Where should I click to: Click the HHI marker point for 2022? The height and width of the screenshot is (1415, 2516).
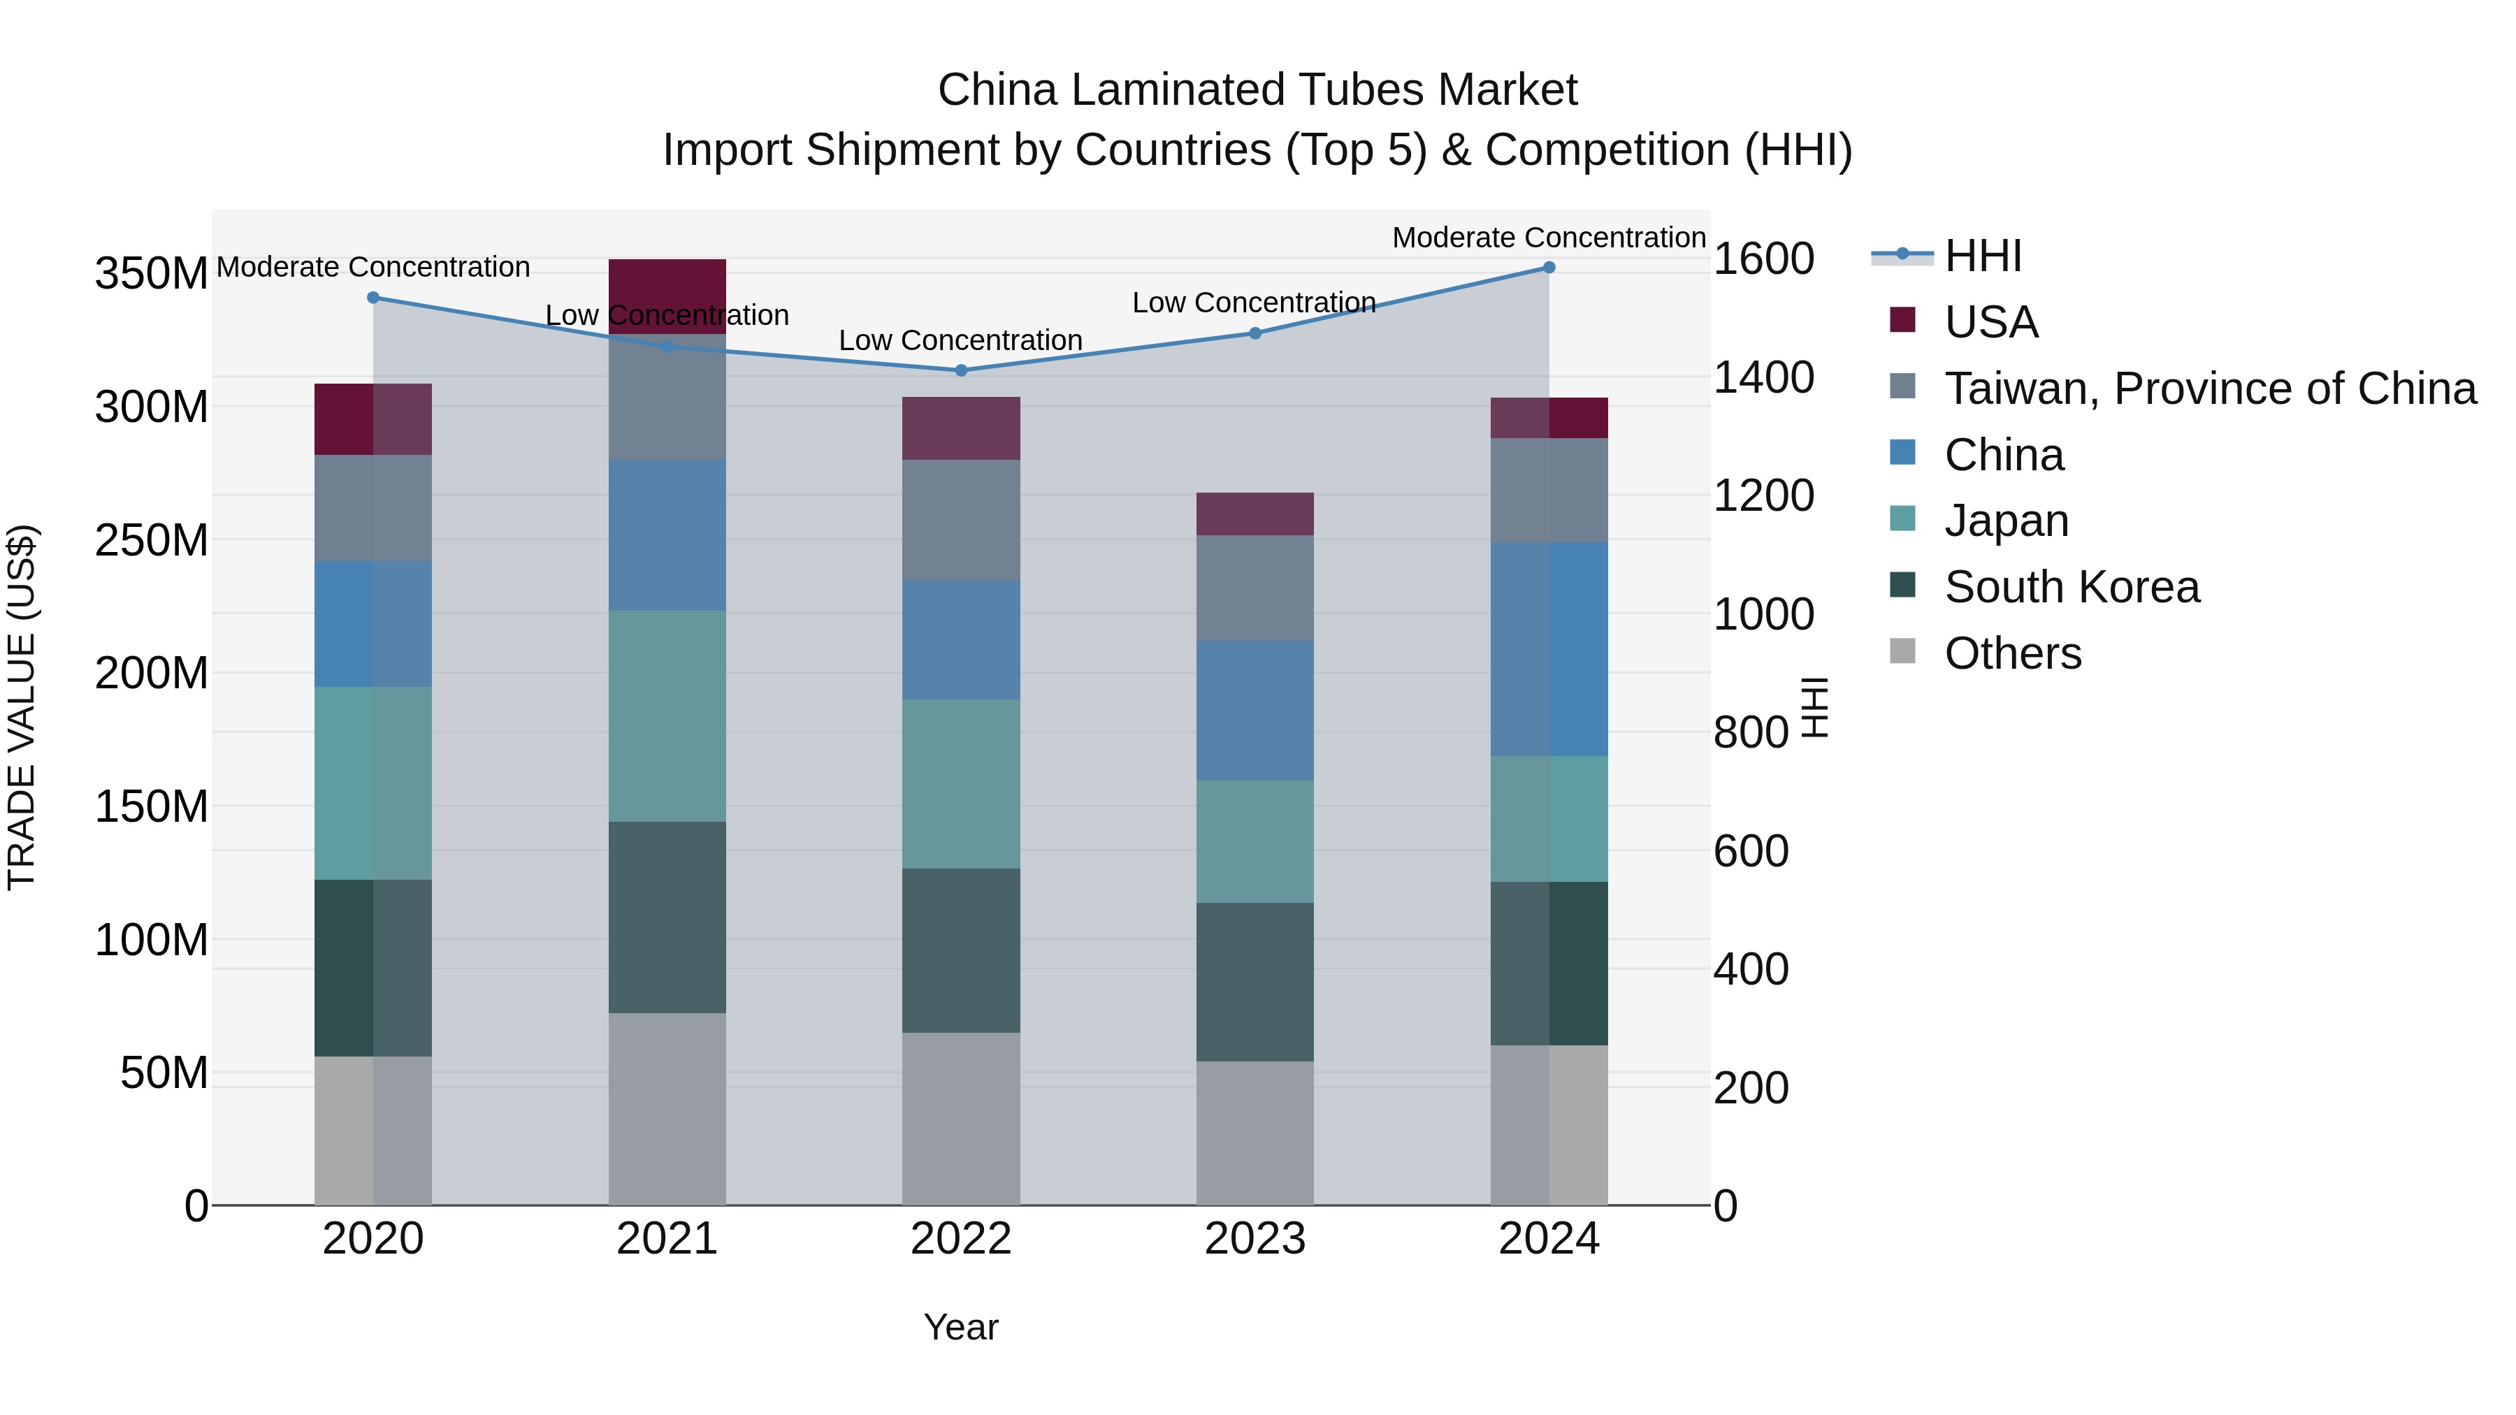coord(960,370)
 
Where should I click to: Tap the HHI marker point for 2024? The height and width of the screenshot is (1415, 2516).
coord(1548,268)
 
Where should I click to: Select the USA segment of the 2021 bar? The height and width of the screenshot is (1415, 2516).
coord(667,296)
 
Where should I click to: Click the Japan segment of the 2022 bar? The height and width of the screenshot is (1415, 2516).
coord(960,783)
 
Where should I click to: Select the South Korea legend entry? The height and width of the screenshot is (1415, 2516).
coord(2071,587)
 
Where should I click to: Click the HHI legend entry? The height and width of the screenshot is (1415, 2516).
coord(1982,256)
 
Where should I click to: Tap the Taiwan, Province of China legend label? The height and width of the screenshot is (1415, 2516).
coord(2209,389)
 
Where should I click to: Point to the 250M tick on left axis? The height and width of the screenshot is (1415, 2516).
coord(152,540)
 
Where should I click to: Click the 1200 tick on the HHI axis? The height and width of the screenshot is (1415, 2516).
coord(1763,495)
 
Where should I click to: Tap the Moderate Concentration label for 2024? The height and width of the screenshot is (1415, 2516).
coord(1548,238)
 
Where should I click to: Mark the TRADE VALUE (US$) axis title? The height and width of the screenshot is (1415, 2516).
coord(22,707)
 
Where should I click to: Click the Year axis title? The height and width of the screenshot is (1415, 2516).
coord(960,1327)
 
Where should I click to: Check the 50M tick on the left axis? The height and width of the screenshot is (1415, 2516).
coord(164,1073)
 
